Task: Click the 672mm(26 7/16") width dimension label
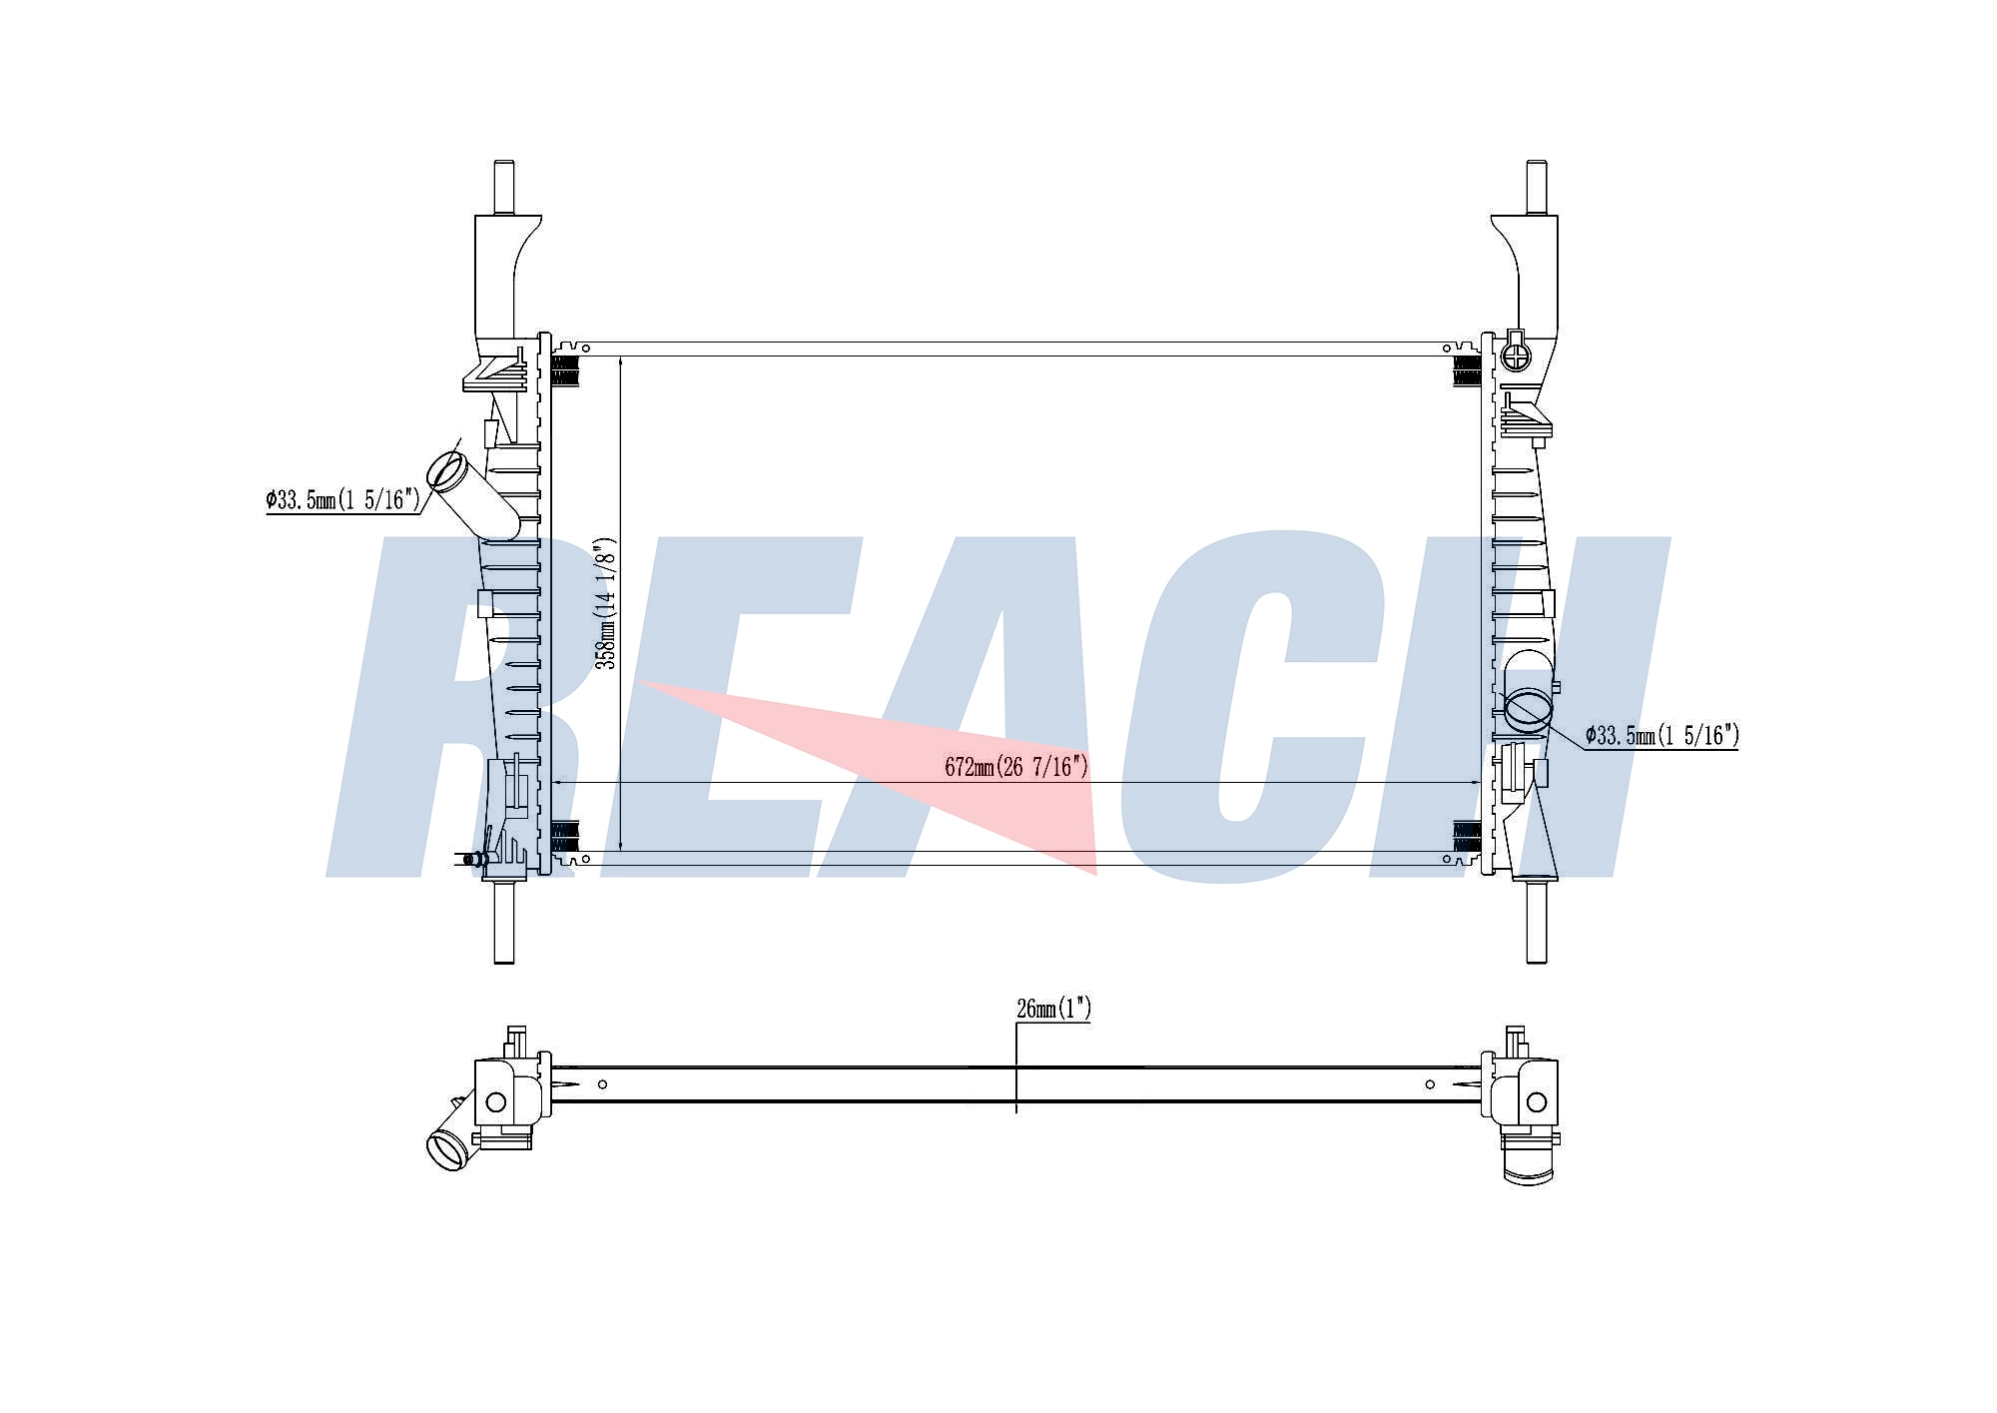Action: pos(1015,767)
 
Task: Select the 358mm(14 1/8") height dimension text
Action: pos(606,603)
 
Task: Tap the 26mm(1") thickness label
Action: pos(1053,1009)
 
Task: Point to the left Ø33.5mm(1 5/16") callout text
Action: pos(343,499)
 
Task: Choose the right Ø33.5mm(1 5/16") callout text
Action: pos(1663,736)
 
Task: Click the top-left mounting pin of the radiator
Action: pos(505,187)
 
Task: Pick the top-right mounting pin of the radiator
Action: pos(1537,187)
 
